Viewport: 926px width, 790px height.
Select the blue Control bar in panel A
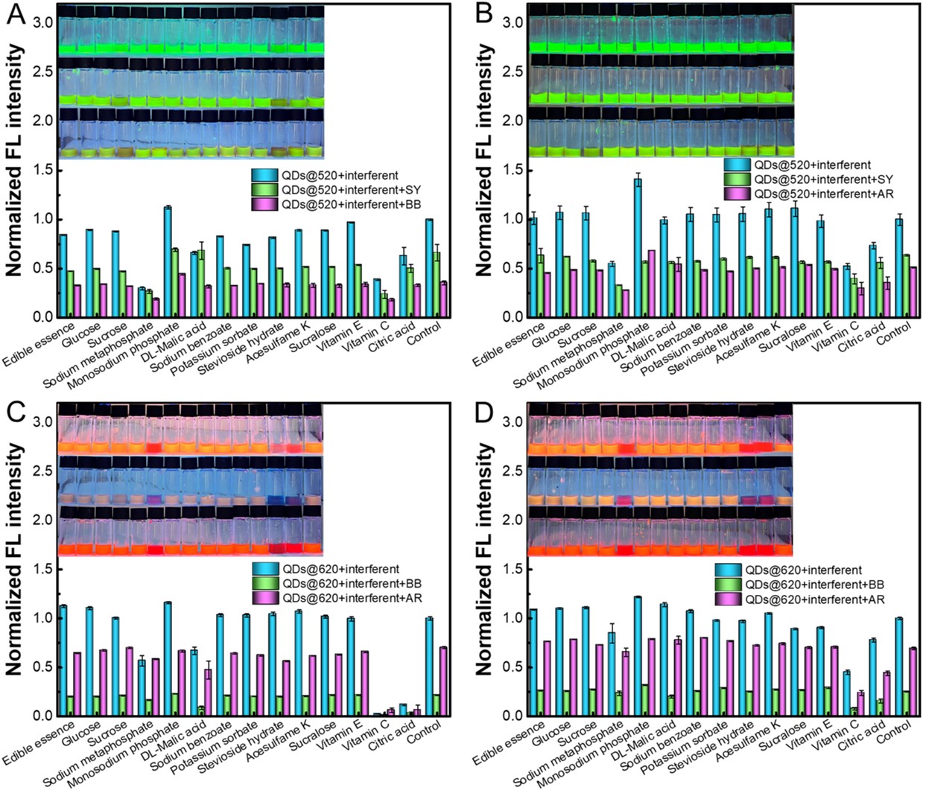pos(428,268)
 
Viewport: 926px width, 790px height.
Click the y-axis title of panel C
pos(15,558)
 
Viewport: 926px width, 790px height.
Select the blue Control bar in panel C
pos(428,666)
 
